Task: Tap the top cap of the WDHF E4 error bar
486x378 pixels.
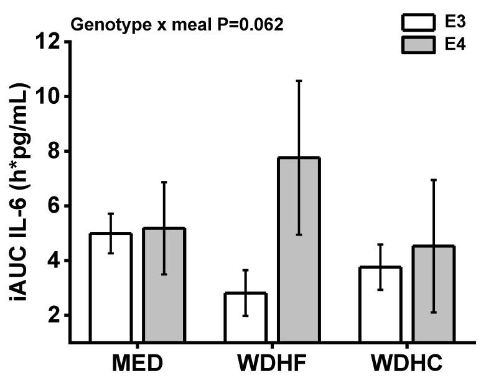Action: click(299, 81)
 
